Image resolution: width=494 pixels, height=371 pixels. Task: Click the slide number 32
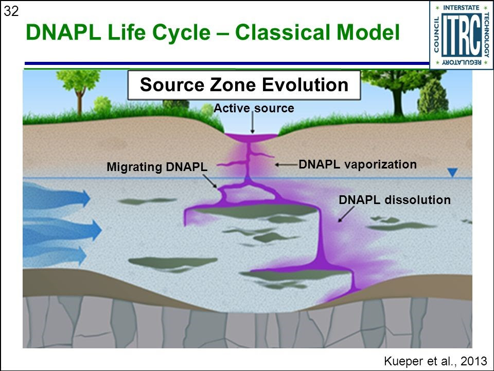click(x=11, y=11)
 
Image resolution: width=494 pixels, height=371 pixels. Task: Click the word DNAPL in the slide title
click(x=63, y=32)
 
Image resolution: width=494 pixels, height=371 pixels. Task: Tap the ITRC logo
click(x=461, y=35)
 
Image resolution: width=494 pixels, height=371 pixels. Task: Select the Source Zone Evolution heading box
click(x=244, y=85)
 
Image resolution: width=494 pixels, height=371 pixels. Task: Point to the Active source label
click(x=254, y=108)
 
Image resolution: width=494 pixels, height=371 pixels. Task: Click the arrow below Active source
click(x=252, y=123)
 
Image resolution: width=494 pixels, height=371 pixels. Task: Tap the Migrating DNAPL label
click(x=157, y=167)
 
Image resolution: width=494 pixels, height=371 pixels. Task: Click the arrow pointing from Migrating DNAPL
click(x=210, y=181)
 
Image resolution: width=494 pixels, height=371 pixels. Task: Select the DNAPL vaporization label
click(x=358, y=164)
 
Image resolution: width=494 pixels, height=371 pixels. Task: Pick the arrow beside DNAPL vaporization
click(x=286, y=164)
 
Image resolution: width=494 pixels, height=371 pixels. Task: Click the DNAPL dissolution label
click(x=395, y=200)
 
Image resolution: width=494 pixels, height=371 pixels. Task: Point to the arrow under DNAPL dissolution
click(x=346, y=214)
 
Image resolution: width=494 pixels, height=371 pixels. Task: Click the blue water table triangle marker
click(x=452, y=173)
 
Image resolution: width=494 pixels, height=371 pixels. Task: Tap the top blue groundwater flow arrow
click(x=57, y=197)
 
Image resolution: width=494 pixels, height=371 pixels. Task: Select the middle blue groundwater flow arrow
click(x=62, y=230)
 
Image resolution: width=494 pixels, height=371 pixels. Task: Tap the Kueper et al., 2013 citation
click(x=436, y=361)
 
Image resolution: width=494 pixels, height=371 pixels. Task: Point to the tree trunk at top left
click(x=80, y=100)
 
